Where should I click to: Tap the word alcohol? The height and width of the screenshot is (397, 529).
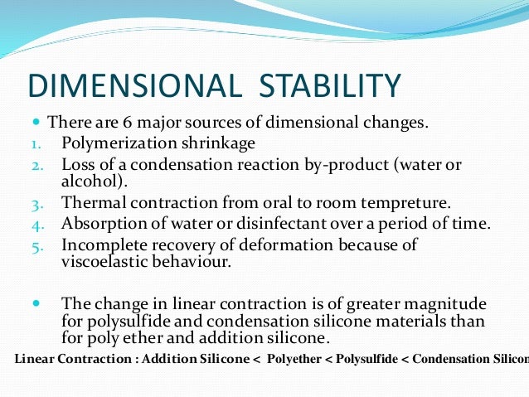click(x=89, y=180)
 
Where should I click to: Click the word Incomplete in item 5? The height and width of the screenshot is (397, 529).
click(x=104, y=244)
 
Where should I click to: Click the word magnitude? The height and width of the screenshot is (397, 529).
click(x=447, y=304)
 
